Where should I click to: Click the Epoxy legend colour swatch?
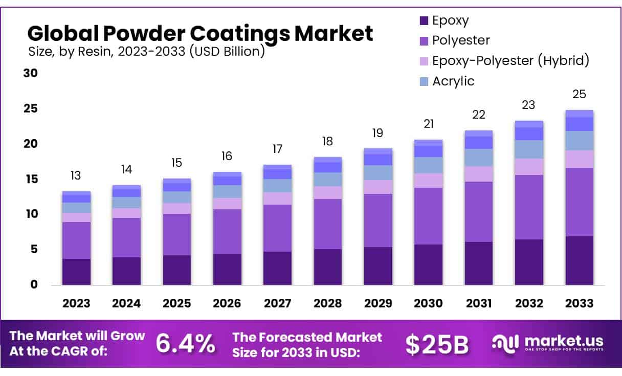[x=424, y=21]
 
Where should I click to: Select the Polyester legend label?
[x=461, y=40]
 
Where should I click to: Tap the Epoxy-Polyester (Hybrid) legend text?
[x=510, y=61]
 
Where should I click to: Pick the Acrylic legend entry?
[x=453, y=81]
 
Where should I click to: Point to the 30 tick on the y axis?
[x=31, y=73]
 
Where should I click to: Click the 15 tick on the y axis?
[x=31, y=179]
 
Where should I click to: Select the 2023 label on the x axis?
[x=76, y=303]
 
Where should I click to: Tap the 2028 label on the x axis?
[x=327, y=303]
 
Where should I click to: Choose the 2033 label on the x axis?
[x=579, y=303]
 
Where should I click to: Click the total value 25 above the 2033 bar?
[x=579, y=95]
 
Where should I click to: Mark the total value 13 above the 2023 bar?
[x=76, y=176]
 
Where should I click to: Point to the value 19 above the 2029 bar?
[x=377, y=133]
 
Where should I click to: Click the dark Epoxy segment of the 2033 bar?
[x=579, y=260]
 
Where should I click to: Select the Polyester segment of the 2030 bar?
[x=428, y=216]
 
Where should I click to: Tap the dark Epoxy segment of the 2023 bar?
[x=76, y=272]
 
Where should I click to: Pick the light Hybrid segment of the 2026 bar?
[x=227, y=204]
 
